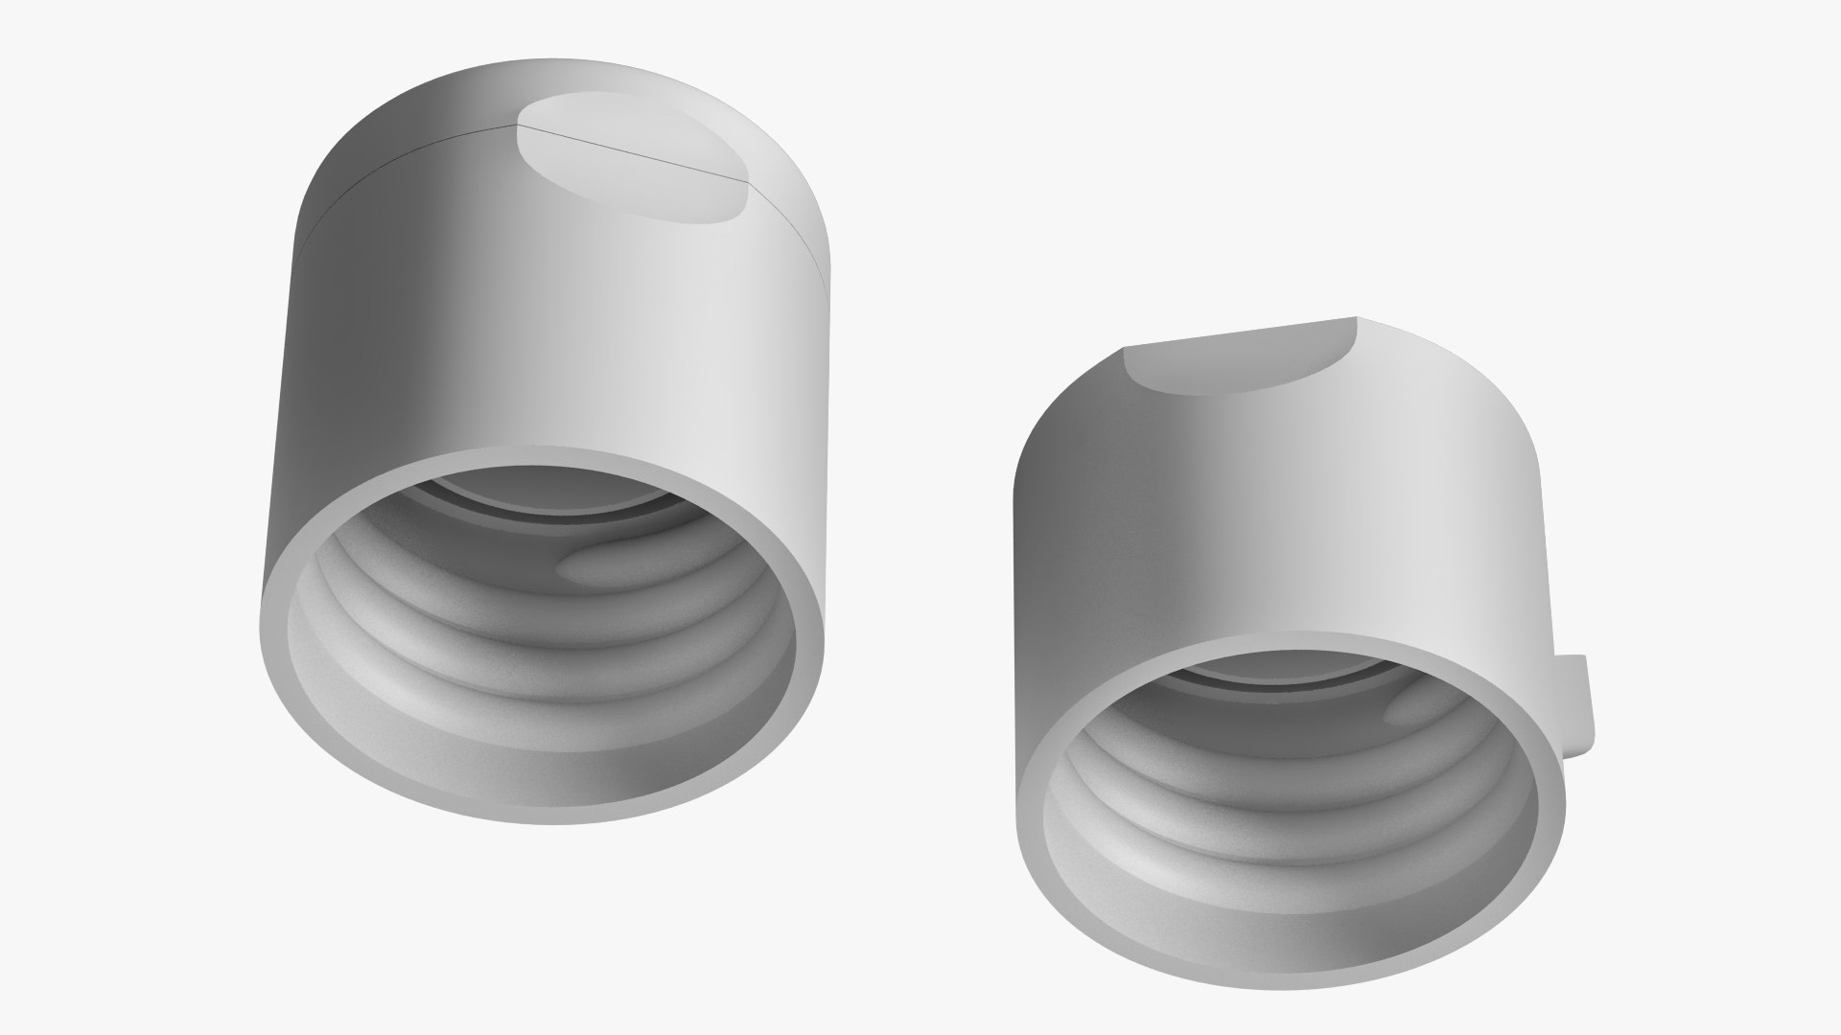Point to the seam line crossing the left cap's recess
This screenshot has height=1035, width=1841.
click(x=633, y=152)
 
